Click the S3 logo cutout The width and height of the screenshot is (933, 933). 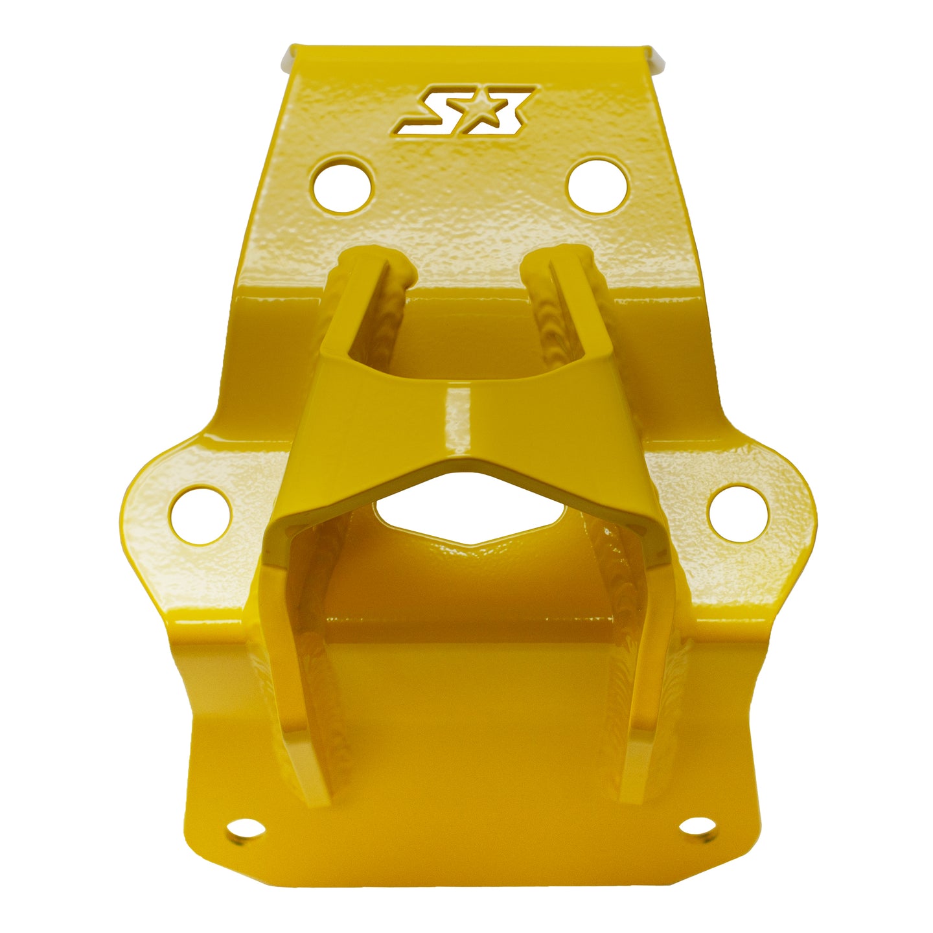(x=465, y=111)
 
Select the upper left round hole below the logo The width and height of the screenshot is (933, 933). (x=342, y=185)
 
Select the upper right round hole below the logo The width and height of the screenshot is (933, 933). (x=598, y=185)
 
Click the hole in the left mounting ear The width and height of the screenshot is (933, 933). (x=201, y=515)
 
